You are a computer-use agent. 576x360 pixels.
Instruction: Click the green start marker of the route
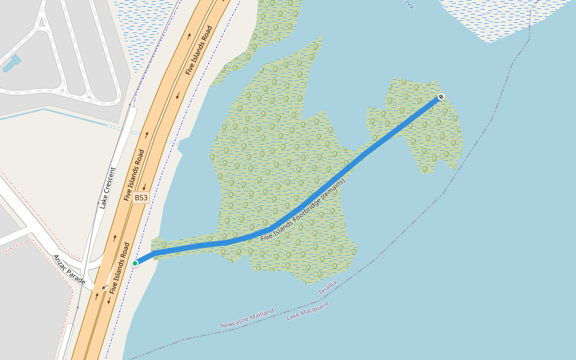(135, 263)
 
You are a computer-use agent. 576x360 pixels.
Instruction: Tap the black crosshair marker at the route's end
(441, 97)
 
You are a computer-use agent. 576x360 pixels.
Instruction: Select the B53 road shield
(141, 197)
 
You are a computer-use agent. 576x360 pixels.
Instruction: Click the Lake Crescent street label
(108, 188)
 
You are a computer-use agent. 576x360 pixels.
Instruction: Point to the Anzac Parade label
(69, 269)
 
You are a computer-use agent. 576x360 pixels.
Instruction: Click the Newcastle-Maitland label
(247, 318)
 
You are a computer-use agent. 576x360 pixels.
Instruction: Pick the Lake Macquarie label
(308, 311)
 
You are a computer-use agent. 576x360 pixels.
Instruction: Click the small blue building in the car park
(12, 63)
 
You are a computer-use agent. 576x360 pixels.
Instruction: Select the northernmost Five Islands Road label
(199, 50)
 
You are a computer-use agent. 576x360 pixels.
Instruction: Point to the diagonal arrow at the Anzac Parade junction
(104, 287)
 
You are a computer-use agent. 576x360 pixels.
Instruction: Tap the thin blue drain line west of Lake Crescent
(60, 113)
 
